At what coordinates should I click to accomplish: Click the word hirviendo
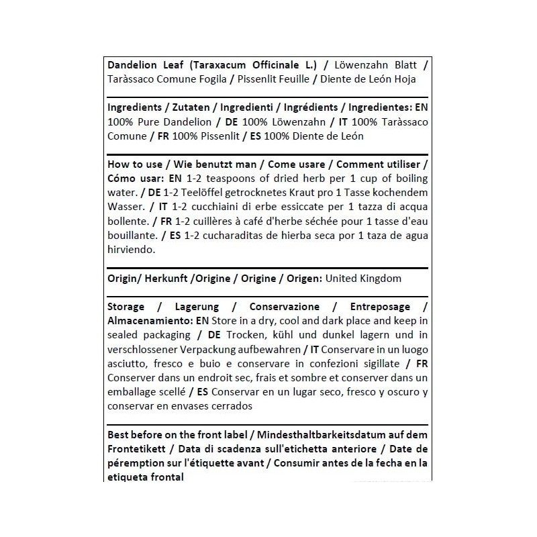click(x=131, y=250)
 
